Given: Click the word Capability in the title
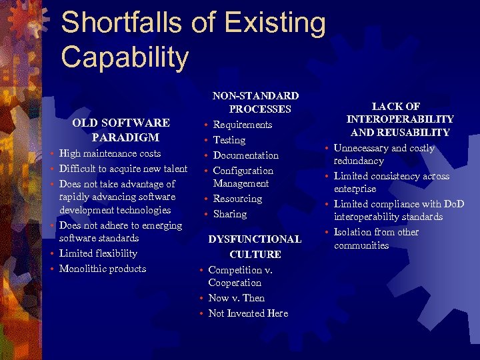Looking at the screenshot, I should click(125, 57).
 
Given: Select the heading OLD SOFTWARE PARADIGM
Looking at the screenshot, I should click(121, 130).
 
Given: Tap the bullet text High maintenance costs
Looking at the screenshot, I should click(110, 153).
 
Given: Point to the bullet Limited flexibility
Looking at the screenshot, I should click(98, 253).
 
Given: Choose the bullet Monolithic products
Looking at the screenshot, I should click(103, 269).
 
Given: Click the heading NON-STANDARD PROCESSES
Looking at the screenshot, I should click(255, 103).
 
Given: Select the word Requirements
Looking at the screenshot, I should click(243, 125).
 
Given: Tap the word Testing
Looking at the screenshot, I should click(229, 140).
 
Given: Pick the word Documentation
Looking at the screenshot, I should click(246, 155).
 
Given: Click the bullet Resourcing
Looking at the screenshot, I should click(237, 199).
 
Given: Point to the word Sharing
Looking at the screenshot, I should click(230, 214).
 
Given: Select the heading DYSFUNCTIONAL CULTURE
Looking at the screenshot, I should click(255, 246).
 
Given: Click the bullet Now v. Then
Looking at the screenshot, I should click(237, 298).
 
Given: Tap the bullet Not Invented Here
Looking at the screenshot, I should click(248, 313).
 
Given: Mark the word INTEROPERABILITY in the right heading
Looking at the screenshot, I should click(400, 119).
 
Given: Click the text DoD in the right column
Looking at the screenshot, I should click(453, 204).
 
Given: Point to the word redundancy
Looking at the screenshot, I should click(359, 161).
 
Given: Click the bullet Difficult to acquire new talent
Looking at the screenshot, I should click(123, 169).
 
